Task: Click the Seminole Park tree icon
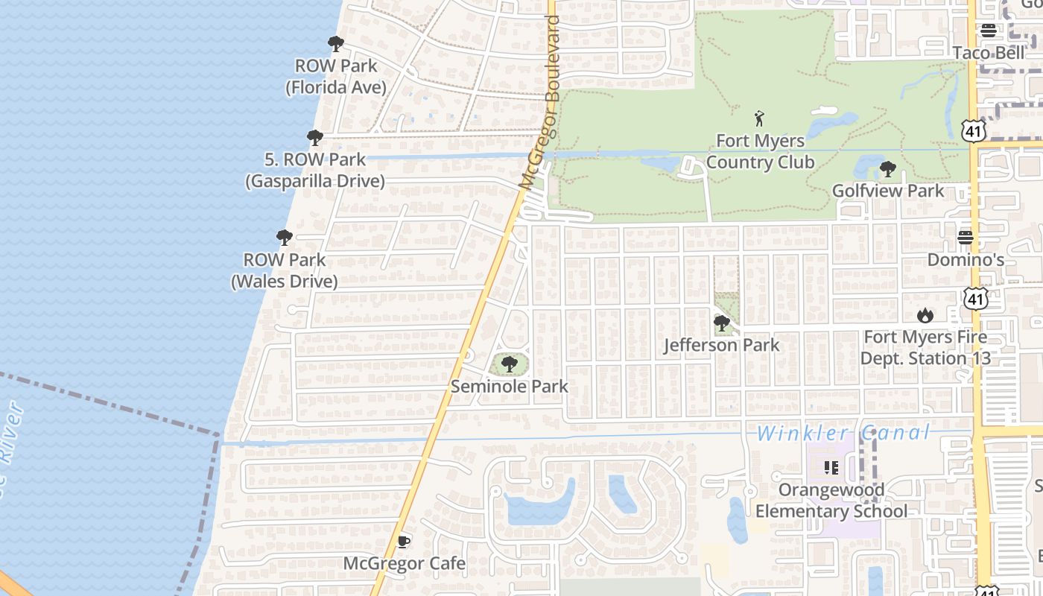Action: tap(510, 364)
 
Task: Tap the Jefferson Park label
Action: tap(721, 345)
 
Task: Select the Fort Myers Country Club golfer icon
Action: tap(759, 118)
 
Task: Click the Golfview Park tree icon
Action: tap(887, 169)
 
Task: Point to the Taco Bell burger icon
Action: tap(989, 31)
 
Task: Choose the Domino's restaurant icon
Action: tap(966, 238)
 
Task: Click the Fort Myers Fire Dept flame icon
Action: tap(925, 315)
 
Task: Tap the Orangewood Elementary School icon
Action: tap(831, 468)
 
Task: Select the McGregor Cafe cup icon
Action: tap(403, 541)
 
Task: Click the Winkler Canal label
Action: tap(843, 433)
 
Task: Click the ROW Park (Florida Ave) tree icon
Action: tap(336, 44)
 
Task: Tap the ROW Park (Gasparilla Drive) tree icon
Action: tap(315, 138)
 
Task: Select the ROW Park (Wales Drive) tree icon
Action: tap(284, 238)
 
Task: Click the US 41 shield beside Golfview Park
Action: tap(974, 131)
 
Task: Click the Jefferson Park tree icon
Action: tap(721, 323)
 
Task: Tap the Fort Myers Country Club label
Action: tap(760, 151)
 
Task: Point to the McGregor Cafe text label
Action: tap(404, 563)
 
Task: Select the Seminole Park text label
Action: tap(510, 387)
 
